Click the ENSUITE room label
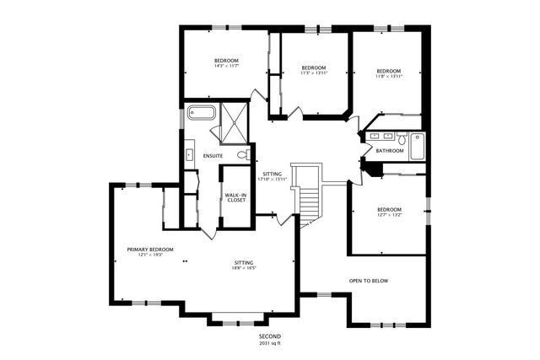tap(213, 156)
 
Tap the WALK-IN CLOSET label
tap(235, 198)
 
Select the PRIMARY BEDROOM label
tap(150, 250)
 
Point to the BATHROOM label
tap(390, 151)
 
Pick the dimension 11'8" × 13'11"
tap(389, 76)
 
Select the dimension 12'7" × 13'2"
tap(389, 215)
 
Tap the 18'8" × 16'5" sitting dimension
tap(245, 269)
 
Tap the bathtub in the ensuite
tap(202, 112)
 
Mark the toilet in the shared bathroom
tap(402, 138)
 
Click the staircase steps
tap(309, 201)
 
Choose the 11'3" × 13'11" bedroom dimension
tap(314, 73)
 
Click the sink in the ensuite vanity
tap(189, 154)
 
